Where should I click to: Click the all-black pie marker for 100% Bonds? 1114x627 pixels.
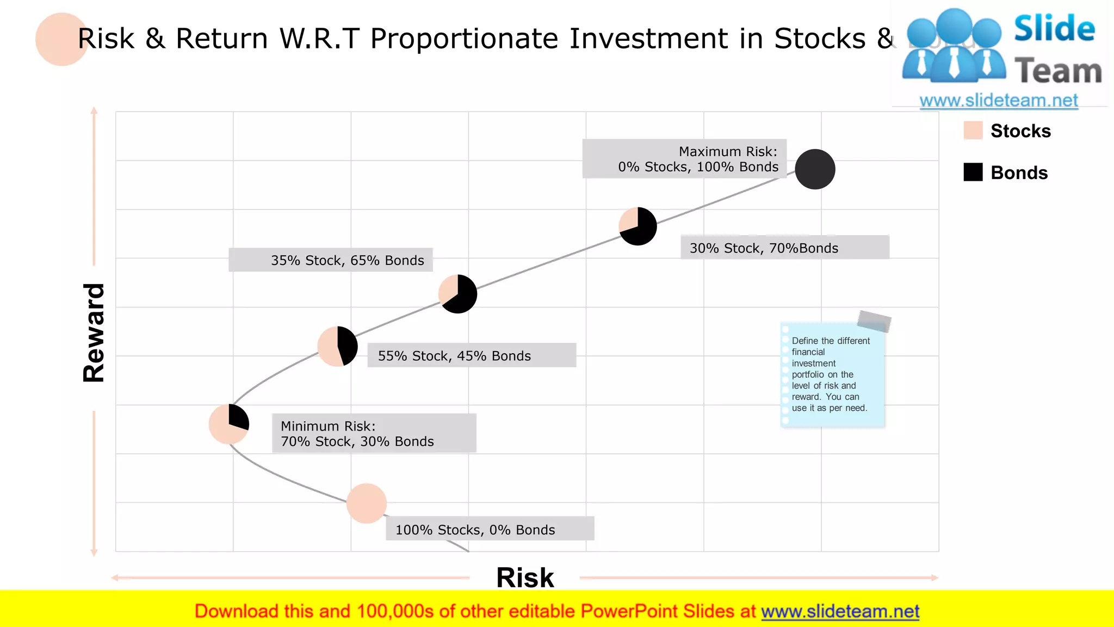pyautogui.click(x=815, y=169)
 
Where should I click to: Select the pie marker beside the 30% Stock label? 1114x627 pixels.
pyautogui.click(x=638, y=226)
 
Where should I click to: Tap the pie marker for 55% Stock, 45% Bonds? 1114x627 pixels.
pyautogui.click(x=337, y=346)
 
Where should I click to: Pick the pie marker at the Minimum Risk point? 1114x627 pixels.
pyautogui.click(x=229, y=424)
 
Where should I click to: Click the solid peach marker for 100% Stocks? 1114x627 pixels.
pyautogui.click(x=367, y=503)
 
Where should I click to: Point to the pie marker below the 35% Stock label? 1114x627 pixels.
pyautogui.click(x=457, y=294)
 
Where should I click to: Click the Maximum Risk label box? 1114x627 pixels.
pyautogui.click(x=684, y=159)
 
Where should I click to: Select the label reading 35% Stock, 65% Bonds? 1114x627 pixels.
pyautogui.click(x=331, y=260)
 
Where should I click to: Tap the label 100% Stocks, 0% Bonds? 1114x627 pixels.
pyautogui.click(x=490, y=529)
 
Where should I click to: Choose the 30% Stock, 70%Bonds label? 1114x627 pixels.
pyautogui.click(x=784, y=248)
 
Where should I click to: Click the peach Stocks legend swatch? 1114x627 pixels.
pyautogui.click(x=973, y=131)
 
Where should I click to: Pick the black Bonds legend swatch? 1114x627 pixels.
pyautogui.click(x=973, y=173)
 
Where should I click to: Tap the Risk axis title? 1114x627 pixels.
pyautogui.click(x=525, y=577)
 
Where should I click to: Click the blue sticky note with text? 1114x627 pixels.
pyautogui.click(x=832, y=376)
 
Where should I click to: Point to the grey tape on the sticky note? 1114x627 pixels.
pyautogui.click(x=874, y=321)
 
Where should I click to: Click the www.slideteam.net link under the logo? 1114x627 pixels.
pyautogui.click(x=999, y=101)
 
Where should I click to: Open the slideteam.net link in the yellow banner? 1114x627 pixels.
pyautogui.click(x=840, y=612)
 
